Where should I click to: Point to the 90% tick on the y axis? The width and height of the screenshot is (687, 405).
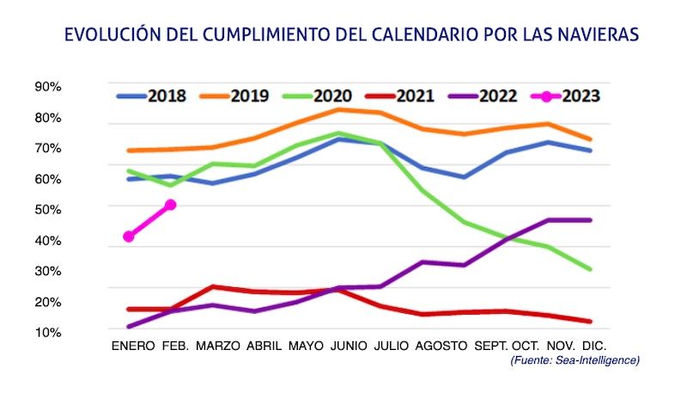[x=47, y=87]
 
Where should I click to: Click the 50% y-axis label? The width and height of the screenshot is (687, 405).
[x=47, y=209]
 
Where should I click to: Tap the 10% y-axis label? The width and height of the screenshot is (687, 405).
[x=47, y=332]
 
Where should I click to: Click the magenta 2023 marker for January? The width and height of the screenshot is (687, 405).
[x=129, y=236]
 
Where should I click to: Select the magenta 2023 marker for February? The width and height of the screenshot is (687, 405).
[x=171, y=205]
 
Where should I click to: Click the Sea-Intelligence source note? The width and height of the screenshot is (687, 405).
[x=575, y=359]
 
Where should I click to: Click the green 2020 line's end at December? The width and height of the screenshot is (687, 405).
[x=590, y=269]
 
